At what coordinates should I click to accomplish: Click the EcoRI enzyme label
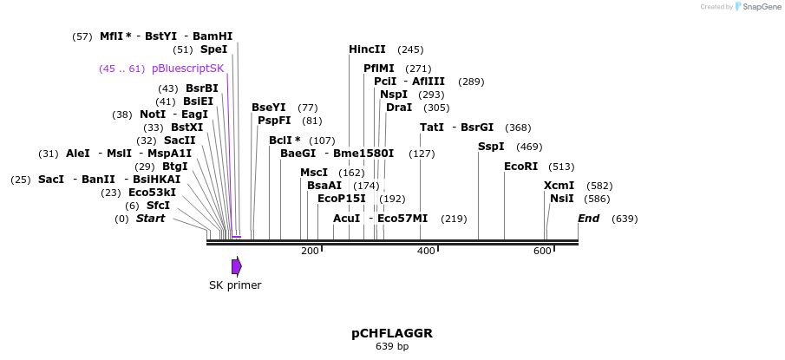tap(520, 167)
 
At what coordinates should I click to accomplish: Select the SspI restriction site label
tap(491, 147)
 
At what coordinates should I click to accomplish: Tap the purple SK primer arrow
tap(236, 266)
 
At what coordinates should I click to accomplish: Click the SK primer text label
tap(235, 285)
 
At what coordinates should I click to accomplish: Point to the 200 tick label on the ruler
tap(310, 252)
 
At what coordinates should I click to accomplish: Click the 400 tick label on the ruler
tap(426, 252)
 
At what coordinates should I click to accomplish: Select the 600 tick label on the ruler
tap(542, 252)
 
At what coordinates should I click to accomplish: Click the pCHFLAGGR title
tap(392, 333)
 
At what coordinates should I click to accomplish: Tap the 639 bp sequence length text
tap(392, 347)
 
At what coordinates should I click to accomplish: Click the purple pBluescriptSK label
tap(187, 69)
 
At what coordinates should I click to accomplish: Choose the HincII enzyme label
tap(367, 49)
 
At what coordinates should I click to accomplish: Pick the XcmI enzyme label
tap(559, 186)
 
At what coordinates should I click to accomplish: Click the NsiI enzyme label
tap(561, 199)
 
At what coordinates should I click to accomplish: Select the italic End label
tap(588, 219)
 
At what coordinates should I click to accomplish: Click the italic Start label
tap(150, 219)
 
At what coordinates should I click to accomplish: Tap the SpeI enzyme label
tap(213, 49)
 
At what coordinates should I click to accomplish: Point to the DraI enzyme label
tap(399, 108)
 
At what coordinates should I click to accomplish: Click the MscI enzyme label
tap(314, 173)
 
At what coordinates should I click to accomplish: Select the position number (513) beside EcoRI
tap(561, 167)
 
